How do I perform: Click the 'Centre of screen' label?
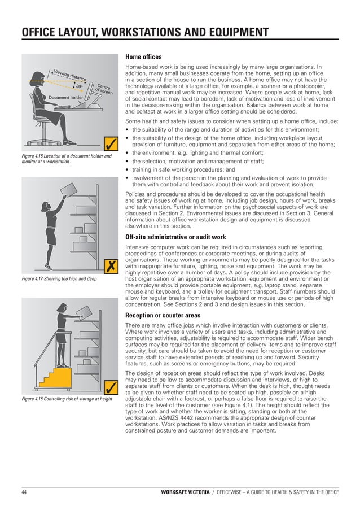(x=104, y=88)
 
